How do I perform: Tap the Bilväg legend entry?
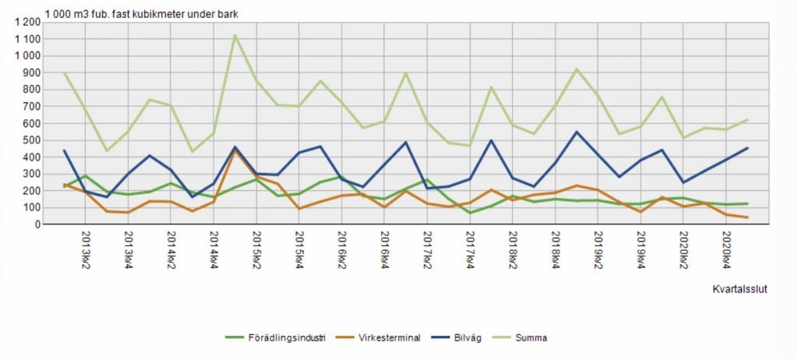pos(475,337)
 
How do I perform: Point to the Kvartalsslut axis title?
pos(740,289)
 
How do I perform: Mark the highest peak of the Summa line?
pos(235,35)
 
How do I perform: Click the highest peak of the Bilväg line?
pos(577,132)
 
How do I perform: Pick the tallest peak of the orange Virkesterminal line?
pos(235,150)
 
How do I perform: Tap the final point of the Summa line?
pos(747,119)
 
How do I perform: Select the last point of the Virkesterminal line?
pos(747,217)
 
